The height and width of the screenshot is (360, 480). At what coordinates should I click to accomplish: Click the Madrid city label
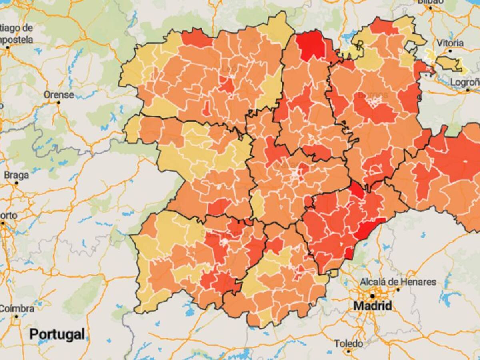point(372,306)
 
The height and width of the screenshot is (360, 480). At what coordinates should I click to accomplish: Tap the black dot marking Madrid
point(372,296)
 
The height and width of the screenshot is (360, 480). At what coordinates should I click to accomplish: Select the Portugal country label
point(57,334)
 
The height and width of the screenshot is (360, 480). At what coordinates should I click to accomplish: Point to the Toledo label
point(349,344)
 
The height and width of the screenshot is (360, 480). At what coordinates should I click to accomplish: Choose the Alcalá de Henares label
point(398,282)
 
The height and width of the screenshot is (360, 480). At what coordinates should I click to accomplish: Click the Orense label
point(58,95)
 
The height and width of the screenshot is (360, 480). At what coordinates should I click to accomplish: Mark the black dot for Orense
point(58,102)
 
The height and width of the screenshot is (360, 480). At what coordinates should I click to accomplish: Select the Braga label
point(16,175)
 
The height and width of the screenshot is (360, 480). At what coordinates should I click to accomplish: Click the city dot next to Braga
point(16,183)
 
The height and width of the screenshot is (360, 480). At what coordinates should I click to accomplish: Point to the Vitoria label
point(450,43)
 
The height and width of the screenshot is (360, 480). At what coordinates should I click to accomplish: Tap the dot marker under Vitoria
point(450,51)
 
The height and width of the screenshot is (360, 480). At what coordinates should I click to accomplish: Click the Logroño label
point(465,82)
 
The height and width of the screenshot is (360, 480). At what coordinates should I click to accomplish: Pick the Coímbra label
point(17,309)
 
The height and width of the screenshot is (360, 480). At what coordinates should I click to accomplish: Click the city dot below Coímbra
point(16,316)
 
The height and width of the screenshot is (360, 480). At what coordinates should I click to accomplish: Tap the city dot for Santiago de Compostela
point(8,48)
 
